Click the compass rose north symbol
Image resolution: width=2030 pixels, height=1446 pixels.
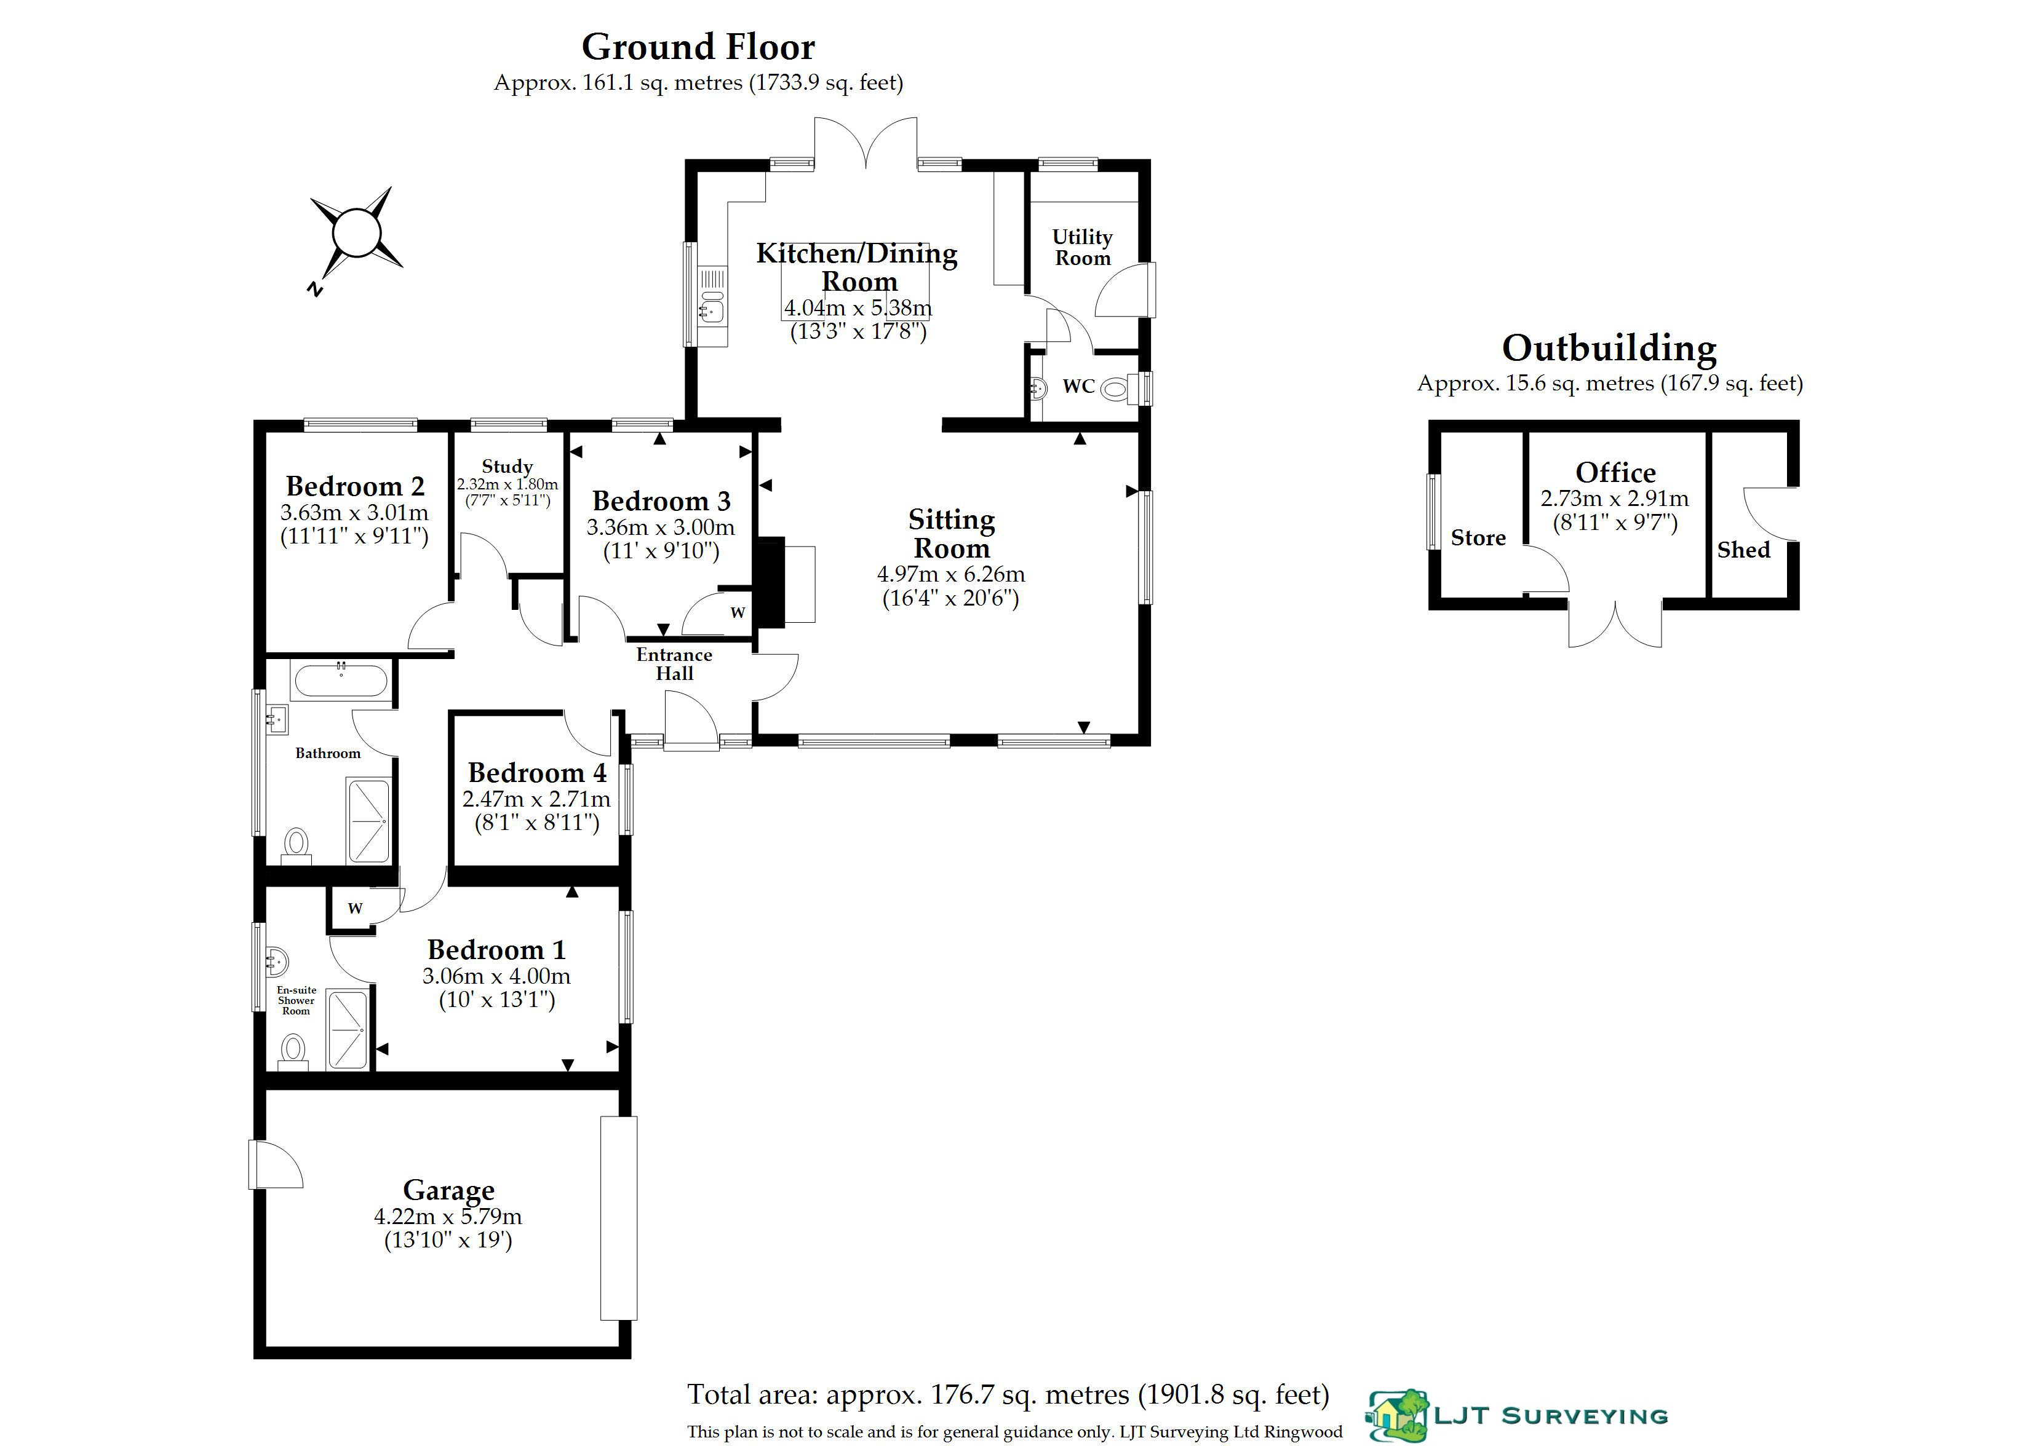pyautogui.click(x=356, y=236)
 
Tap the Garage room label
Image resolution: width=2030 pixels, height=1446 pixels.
pyautogui.click(x=448, y=1190)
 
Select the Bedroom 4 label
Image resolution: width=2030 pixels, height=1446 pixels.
pyautogui.click(x=537, y=772)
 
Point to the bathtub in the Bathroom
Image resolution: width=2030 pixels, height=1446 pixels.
pyautogui.click(x=340, y=682)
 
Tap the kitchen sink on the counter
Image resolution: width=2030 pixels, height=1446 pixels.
pyautogui.click(x=714, y=294)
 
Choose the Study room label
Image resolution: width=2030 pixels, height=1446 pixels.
pyautogui.click(x=507, y=467)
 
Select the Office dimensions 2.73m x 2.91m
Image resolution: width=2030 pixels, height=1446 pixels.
pyautogui.click(x=1615, y=499)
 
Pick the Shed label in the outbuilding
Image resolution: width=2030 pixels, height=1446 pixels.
pyautogui.click(x=1743, y=550)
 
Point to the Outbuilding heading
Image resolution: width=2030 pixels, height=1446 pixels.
pyautogui.click(x=1610, y=348)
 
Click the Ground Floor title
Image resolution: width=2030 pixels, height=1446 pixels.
pyautogui.click(x=698, y=46)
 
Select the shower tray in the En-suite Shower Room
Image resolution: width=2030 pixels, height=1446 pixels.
pyautogui.click(x=348, y=1029)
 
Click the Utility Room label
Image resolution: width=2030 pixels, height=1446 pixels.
pyautogui.click(x=1082, y=248)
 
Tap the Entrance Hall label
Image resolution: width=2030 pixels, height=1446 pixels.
pyautogui.click(x=674, y=664)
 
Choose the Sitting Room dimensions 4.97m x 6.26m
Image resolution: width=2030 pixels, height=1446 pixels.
pyautogui.click(x=950, y=574)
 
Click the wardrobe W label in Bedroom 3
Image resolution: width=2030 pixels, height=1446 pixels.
pyautogui.click(x=738, y=612)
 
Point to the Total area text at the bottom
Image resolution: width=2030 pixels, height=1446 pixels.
pyautogui.click(x=1008, y=1395)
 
